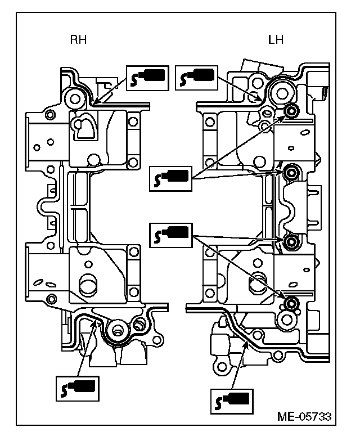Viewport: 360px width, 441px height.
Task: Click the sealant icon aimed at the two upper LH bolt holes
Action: click(x=172, y=178)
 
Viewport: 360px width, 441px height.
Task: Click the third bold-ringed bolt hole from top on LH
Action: click(x=291, y=242)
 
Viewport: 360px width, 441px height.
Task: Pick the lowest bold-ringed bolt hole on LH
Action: click(x=290, y=304)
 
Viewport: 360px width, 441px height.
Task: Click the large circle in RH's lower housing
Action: click(x=88, y=284)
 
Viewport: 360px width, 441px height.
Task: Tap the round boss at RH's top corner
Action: click(x=73, y=99)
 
